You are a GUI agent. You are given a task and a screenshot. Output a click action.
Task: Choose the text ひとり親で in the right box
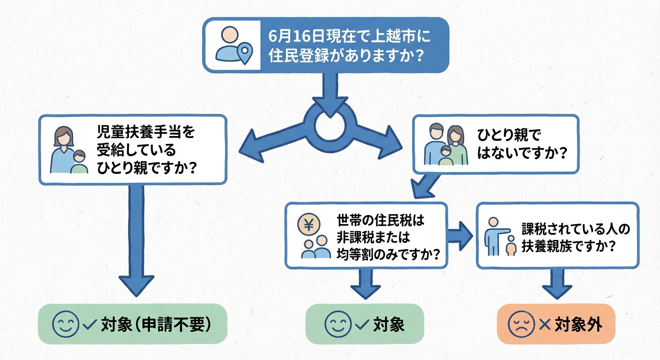pyautogui.click(x=509, y=136)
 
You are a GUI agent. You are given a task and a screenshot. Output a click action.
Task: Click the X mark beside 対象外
pyautogui.click(x=545, y=324)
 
